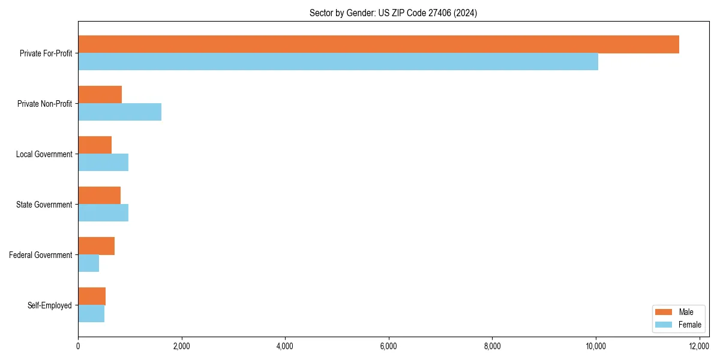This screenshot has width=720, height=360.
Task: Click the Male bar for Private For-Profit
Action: coord(378,44)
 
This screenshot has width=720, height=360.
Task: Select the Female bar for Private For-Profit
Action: coord(338,62)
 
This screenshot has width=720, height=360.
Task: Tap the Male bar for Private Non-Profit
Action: coord(100,95)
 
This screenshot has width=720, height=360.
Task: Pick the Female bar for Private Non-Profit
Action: coord(119,112)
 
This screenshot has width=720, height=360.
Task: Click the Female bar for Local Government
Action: coord(103,163)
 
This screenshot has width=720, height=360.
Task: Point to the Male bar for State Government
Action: coord(99,196)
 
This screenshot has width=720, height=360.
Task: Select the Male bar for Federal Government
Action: coord(96,246)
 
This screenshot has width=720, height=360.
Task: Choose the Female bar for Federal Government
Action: coord(88,263)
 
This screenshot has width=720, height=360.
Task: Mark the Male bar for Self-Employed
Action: coord(92,296)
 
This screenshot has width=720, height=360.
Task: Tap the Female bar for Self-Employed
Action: coord(91,314)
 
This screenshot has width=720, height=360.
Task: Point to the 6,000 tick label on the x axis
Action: coord(389,346)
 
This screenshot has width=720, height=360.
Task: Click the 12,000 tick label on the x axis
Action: coord(699,346)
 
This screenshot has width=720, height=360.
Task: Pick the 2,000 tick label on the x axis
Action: coord(181,346)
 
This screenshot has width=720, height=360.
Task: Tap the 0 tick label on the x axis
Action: coord(78,346)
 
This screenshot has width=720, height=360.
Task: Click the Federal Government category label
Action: coord(41,255)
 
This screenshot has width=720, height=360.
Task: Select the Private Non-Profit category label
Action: coord(44,104)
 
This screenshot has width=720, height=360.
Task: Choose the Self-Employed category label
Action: coord(50,305)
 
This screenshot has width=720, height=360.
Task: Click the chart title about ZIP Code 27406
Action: coord(393,13)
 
